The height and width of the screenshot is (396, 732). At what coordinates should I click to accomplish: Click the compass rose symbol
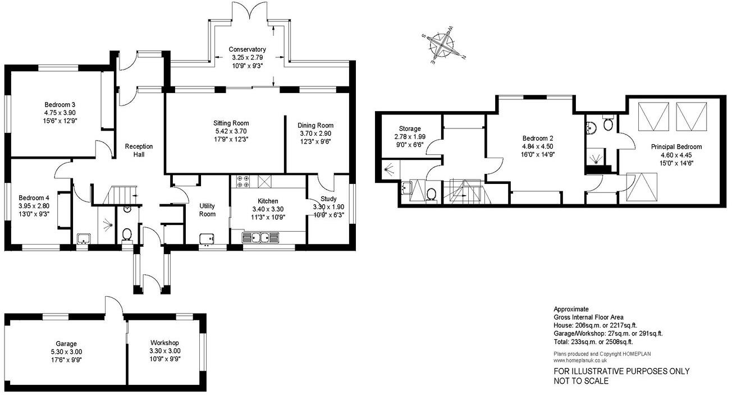click(x=445, y=45)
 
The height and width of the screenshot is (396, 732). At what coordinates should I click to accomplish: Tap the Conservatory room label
click(x=247, y=50)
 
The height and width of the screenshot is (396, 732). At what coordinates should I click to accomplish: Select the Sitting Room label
click(x=230, y=123)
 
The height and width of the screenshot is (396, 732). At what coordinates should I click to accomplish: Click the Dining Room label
click(x=315, y=125)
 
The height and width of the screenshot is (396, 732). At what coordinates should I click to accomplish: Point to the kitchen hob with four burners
click(x=244, y=181)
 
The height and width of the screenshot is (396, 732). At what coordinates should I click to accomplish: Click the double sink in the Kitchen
click(x=260, y=238)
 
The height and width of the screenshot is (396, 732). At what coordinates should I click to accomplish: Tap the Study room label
click(x=328, y=199)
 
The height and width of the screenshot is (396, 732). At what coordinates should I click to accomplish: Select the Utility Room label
click(x=207, y=210)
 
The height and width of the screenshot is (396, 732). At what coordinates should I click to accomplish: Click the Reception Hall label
click(x=139, y=150)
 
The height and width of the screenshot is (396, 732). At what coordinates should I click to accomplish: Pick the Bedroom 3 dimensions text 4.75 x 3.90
click(x=60, y=112)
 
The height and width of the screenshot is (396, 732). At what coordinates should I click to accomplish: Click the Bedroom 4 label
click(x=34, y=197)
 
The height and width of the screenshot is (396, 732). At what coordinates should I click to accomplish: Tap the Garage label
click(x=66, y=343)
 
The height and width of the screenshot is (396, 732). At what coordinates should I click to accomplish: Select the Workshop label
click(x=164, y=343)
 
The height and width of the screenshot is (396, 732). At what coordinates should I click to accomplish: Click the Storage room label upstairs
click(x=409, y=128)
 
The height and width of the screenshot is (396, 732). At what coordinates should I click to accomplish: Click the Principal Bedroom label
click(x=676, y=147)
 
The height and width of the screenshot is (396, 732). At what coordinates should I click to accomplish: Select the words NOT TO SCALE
click(x=582, y=381)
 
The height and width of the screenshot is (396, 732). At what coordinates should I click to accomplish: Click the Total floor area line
click(x=593, y=342)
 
